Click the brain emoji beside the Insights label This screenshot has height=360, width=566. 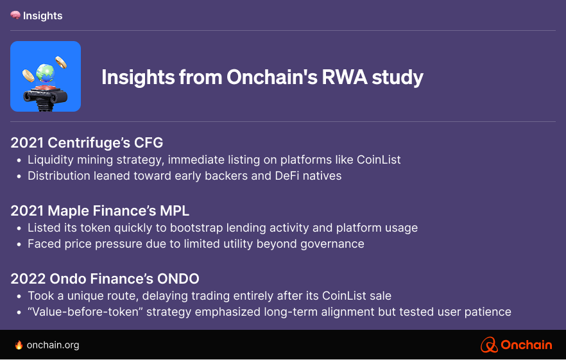15,15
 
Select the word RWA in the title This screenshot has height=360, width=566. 345,77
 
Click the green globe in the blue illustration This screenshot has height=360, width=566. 45,73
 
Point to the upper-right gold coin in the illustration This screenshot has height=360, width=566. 61,62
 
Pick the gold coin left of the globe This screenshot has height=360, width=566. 28,76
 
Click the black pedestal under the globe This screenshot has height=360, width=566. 45,98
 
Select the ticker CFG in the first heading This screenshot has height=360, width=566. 148,142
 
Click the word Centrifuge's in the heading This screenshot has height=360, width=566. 89,143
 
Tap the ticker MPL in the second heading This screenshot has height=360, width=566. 175,211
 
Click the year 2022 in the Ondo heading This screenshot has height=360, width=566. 28,279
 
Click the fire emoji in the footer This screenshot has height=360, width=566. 19,345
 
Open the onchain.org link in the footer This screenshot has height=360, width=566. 53,345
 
